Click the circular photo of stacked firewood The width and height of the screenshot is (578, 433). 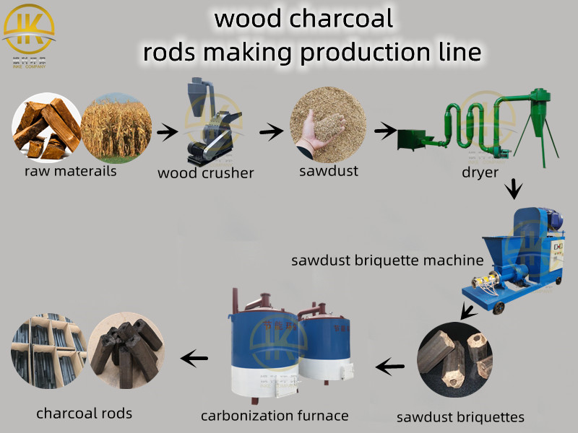[x=46, y=128]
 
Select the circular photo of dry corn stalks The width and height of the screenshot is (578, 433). [x=116, y=128]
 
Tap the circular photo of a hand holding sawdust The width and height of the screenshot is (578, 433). [x=326, y=128]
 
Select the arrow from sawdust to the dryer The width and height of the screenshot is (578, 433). [x=384, y=131]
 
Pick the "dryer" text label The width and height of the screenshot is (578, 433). [x=480, y=173]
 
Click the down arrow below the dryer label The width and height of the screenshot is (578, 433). [x=512, y=190]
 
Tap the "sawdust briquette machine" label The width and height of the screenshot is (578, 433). [x=387, y=261]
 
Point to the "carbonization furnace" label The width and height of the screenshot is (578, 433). [x=275, y=415]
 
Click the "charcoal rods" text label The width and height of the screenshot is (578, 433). [x=85, y=414]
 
